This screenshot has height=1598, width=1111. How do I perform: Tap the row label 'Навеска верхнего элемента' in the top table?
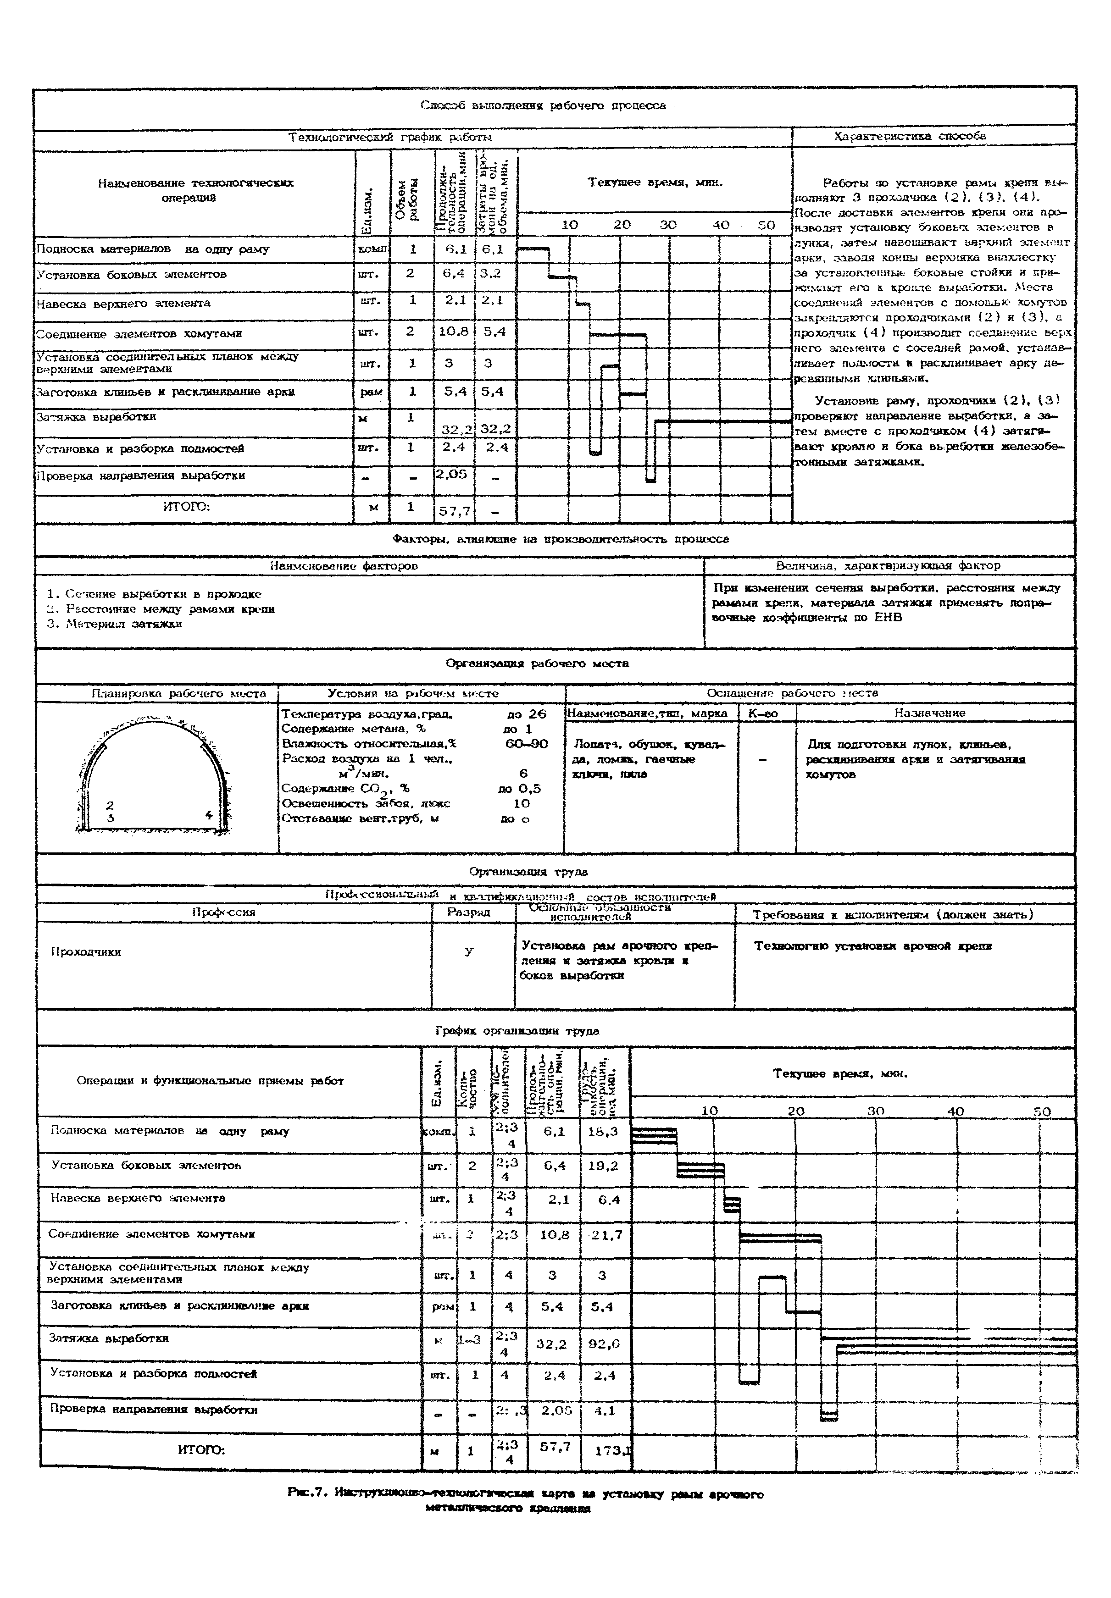(x=123, y=303)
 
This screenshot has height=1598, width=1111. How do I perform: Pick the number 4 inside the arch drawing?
(x=208, y=814)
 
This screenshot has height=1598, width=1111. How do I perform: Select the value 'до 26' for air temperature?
(x=527, y=714)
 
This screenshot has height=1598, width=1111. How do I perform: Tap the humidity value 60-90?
(x=527, y=744)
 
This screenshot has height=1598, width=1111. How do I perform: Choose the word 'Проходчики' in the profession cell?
(x=86, y=952)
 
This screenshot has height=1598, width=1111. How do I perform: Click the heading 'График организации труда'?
(x=517, y=1030)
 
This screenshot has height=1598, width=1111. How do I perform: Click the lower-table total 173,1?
(x=612, y=1451)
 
